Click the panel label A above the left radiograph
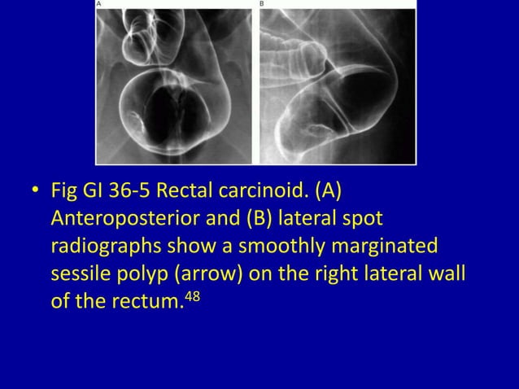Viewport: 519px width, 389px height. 99,4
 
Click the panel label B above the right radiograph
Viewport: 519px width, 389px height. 261,4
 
